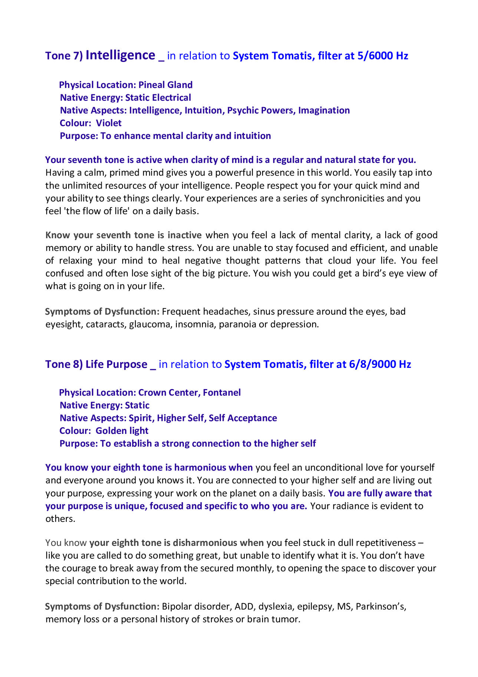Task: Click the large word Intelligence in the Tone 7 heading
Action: click(120, 55)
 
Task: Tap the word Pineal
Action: click(152, 85)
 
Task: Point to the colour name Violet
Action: click(109, 123)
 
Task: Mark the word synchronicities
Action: click(352, 198)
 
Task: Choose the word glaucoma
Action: click(151, 324)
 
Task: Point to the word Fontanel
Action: click(222, 393)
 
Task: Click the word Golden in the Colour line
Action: click(106, 431)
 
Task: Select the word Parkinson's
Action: click(381, 606)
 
